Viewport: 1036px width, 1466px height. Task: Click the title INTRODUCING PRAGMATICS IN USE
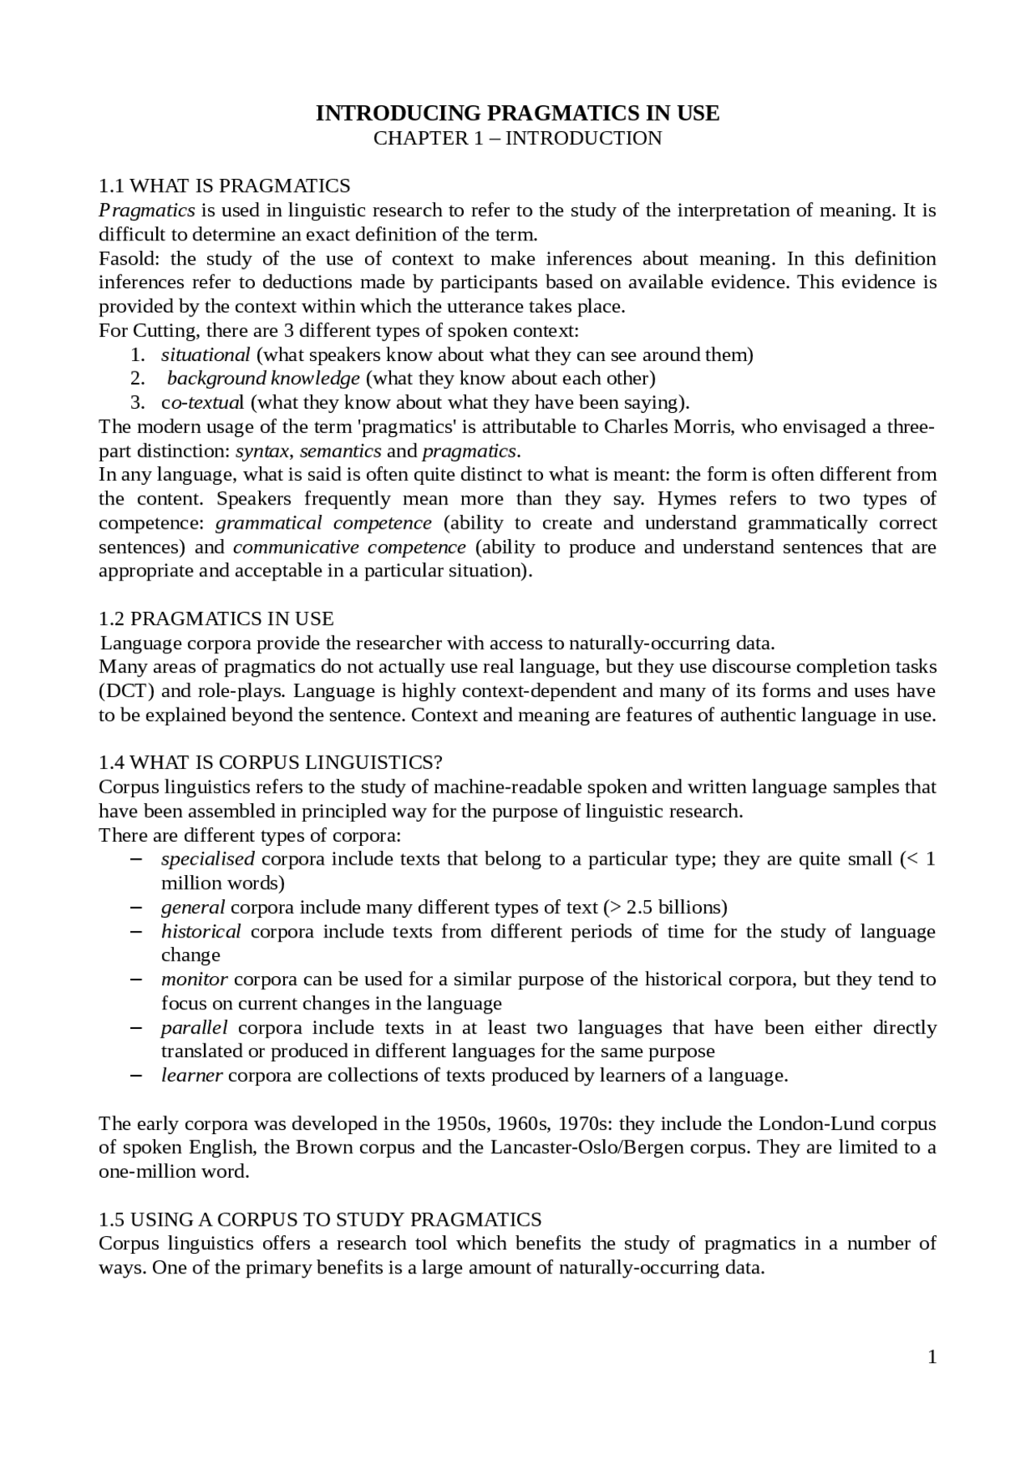click(x=517, y=113)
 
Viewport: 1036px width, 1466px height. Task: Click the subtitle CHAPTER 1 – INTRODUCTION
click(x=517, y=138)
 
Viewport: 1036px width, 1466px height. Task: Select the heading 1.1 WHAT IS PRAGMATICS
click(x=224, y=186)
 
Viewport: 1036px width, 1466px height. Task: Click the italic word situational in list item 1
click(x=206, y=355)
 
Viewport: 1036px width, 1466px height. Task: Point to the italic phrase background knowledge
click(x=263, y=379)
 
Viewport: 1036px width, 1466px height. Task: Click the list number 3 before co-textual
click(x=138, y=402)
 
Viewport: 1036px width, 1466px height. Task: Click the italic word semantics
click(x=340, y=451)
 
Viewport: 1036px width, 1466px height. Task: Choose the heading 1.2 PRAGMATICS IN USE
click(x=215, y=619)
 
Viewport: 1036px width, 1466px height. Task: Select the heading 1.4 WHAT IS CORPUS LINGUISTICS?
click(x=270, y=763)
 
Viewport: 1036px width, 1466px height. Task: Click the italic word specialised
click(x=207, y=859)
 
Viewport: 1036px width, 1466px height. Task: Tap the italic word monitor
click(x=194, y=979)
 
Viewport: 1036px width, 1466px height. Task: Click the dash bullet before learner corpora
click(x=136, y=1076)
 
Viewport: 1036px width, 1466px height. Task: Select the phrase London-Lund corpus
click(x=847, y=1124)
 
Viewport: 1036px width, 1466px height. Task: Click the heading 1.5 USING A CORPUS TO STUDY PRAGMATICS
click(x=320, y=1220)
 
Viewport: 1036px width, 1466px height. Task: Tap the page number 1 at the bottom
click(x=932, y=1358)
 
